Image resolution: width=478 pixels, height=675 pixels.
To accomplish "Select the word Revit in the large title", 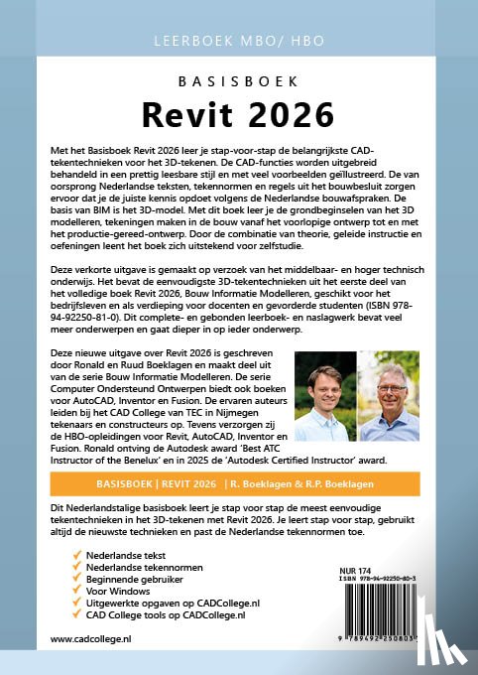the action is coord(183,116).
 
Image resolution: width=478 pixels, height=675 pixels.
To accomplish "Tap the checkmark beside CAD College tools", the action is coord(78,614).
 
